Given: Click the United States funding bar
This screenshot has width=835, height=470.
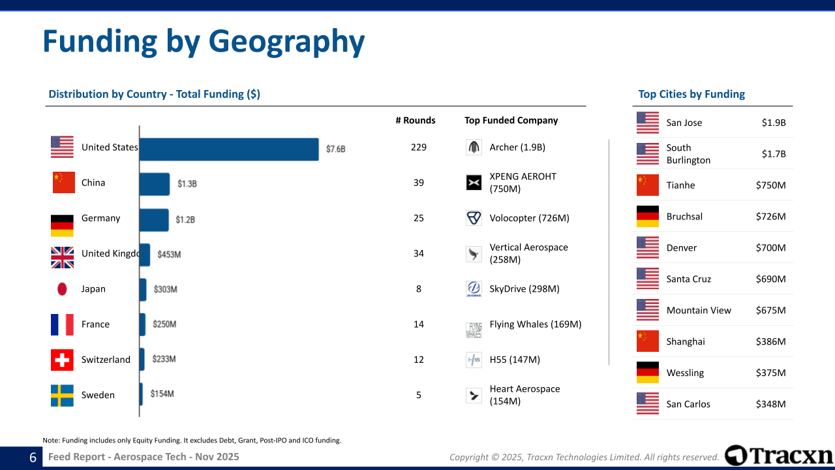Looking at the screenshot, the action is pyautogui.click(x=229, y=149).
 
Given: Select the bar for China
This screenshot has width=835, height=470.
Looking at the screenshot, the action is pyautogui.click(x=155, y=184).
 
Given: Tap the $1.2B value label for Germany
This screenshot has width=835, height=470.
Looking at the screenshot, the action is pyautogui.click(x=185, y=220).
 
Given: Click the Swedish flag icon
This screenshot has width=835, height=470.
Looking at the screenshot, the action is pyautogui.click(x=62, y=396).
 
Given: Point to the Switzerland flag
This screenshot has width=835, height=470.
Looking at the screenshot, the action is pyautogui.click(x=62, y=360).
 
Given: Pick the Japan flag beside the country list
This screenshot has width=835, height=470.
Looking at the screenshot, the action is pyautogui.click(x=62, y=289).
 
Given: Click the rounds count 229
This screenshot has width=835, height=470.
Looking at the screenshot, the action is pyautogui.click(x=419, y=148).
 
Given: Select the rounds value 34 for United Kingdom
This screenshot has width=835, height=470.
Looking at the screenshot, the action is pyautogui.click(x=419, y=254).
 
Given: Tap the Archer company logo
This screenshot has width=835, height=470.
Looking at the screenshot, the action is pyautogui.click(x=474, y=148).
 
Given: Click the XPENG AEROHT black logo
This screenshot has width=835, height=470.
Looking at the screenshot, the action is pyautogui.click(x=474, y=183).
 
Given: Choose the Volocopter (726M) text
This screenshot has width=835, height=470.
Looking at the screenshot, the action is pyautogui.click(x=529, y=218).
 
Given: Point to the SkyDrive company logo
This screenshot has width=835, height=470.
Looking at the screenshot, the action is pyautogui.click(x=474, y=289).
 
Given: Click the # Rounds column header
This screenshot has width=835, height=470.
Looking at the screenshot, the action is pyautogui.click(x=416, y=121).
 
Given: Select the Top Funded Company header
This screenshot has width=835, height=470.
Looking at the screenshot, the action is pyautogui.click(x=511, y=121).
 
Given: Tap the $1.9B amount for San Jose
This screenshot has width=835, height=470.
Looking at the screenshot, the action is pyautogui.click(x=774, y=123).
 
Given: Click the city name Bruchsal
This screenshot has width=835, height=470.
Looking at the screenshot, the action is pyautogui.click(x=684, y=217).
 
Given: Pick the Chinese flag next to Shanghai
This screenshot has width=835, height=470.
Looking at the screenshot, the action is pyautogui.click(x=648, y=341).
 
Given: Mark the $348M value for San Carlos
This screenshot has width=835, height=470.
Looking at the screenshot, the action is pyautogui.click(x=770, y=404).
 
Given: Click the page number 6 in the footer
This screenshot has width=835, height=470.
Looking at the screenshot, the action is pyautogui.click(x=33, y=458).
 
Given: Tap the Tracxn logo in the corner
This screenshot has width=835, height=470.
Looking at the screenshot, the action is pyautogui.click(x=779, y=456).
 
